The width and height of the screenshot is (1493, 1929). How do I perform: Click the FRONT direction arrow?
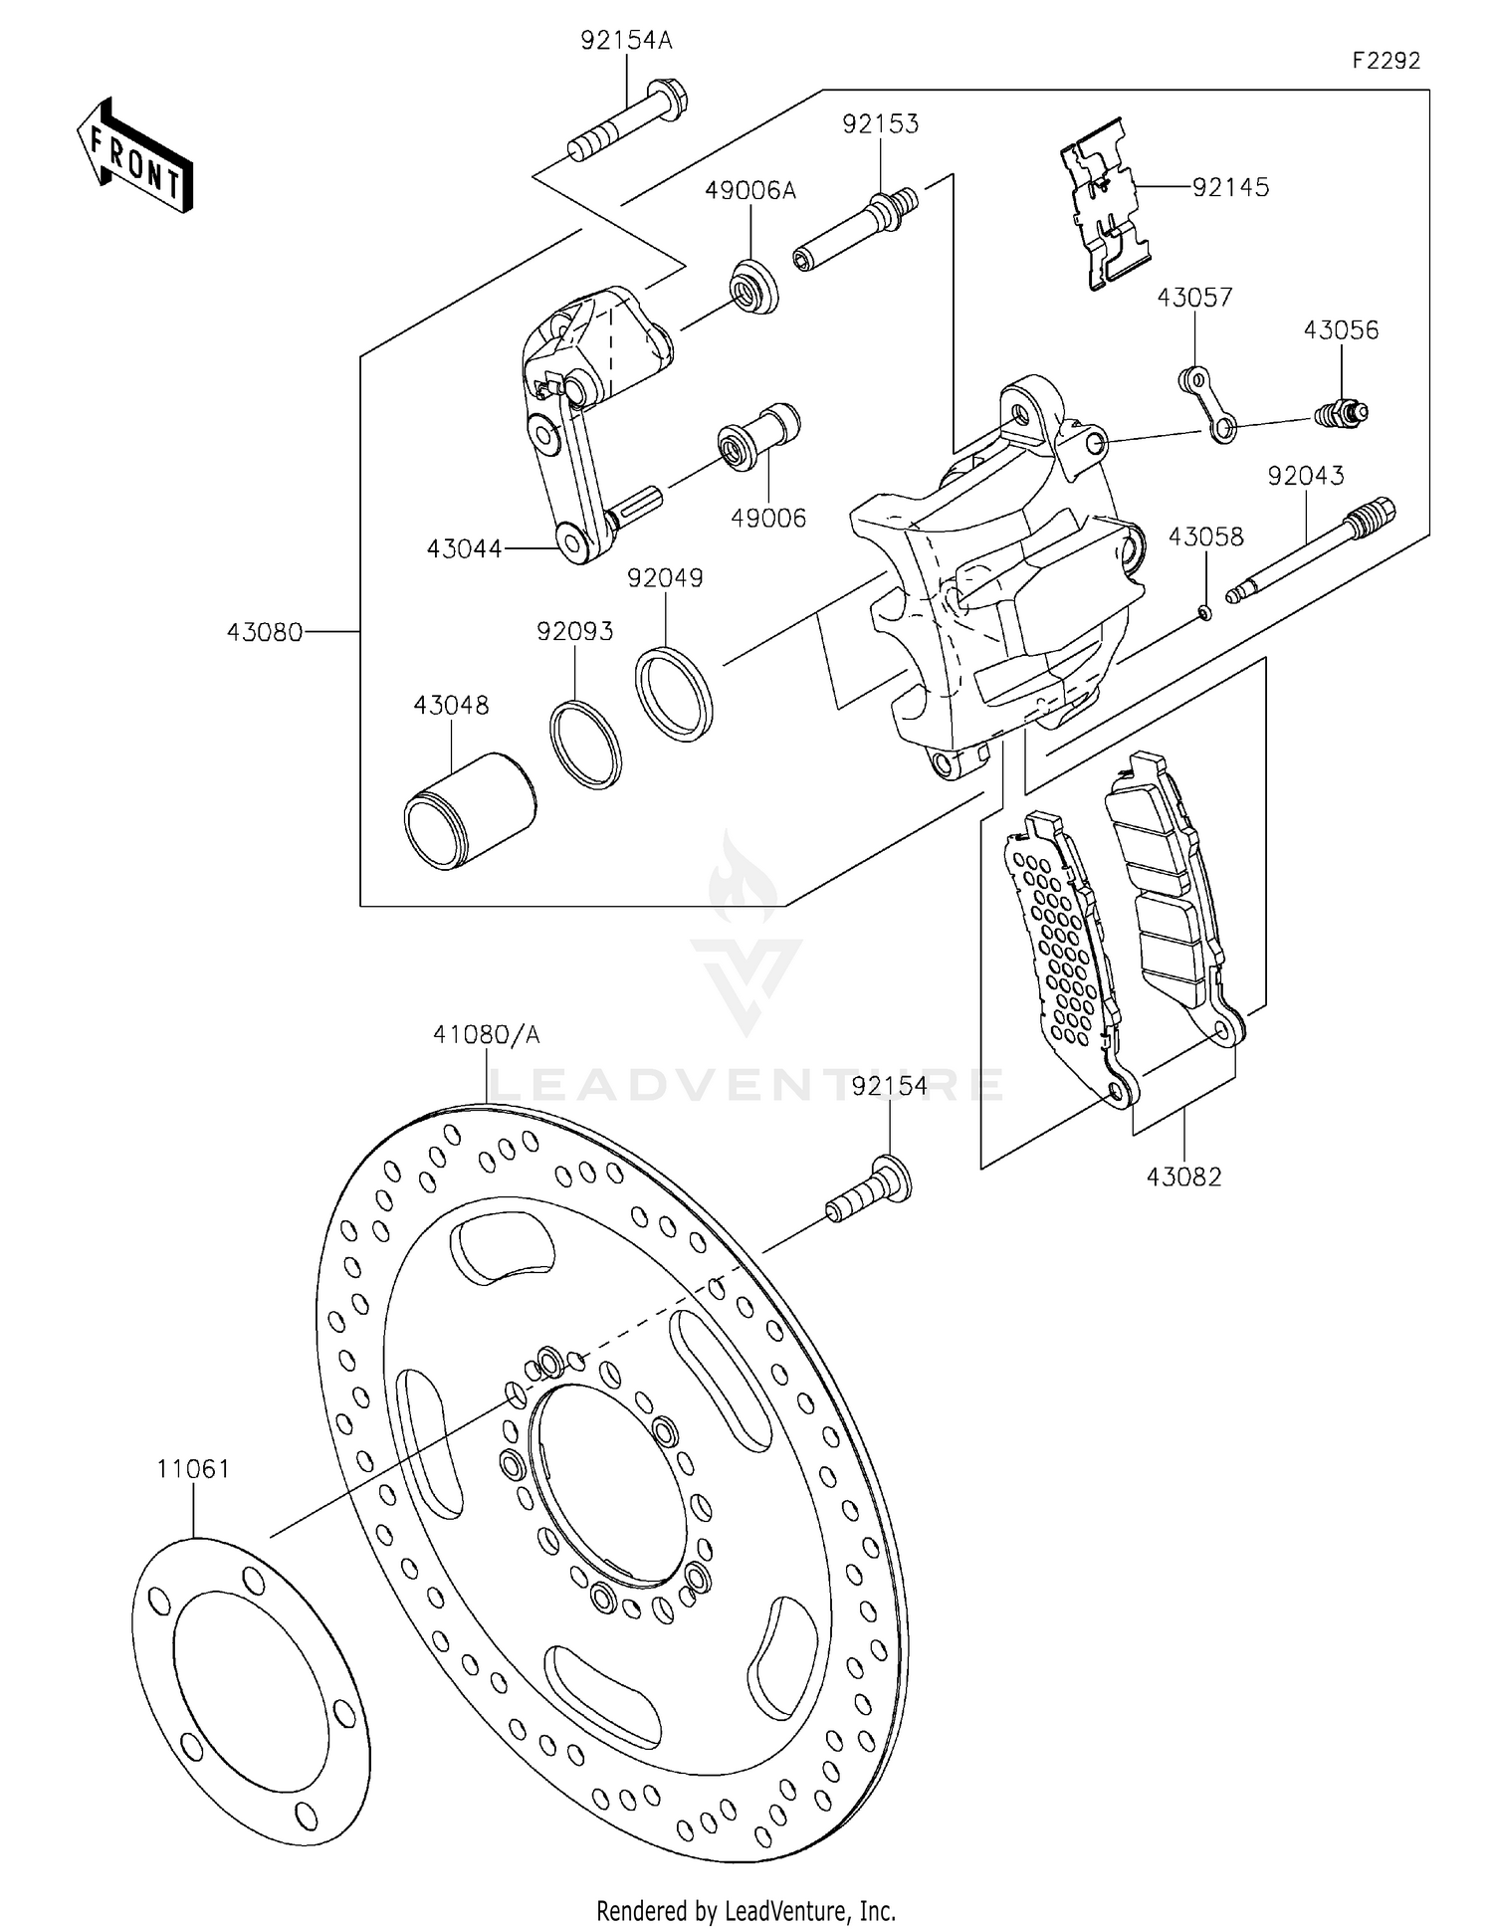click(x=135, y=156)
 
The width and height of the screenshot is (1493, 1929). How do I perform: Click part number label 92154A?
click(x=626, y=41)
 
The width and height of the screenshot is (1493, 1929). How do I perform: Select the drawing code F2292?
click(x=1386, y=61)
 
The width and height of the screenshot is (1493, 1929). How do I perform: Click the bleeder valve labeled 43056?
click(x=1342, y=412)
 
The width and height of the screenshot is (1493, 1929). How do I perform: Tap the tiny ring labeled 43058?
click(x=1204, y=612)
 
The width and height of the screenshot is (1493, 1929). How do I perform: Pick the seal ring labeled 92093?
click(x=585, y=745)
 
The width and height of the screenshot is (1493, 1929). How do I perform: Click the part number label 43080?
click(x=264, y=632)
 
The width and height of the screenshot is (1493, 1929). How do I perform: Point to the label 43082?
click(x=1183, y=1177)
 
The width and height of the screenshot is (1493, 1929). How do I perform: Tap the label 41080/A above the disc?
click(x=486, y=1035)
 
